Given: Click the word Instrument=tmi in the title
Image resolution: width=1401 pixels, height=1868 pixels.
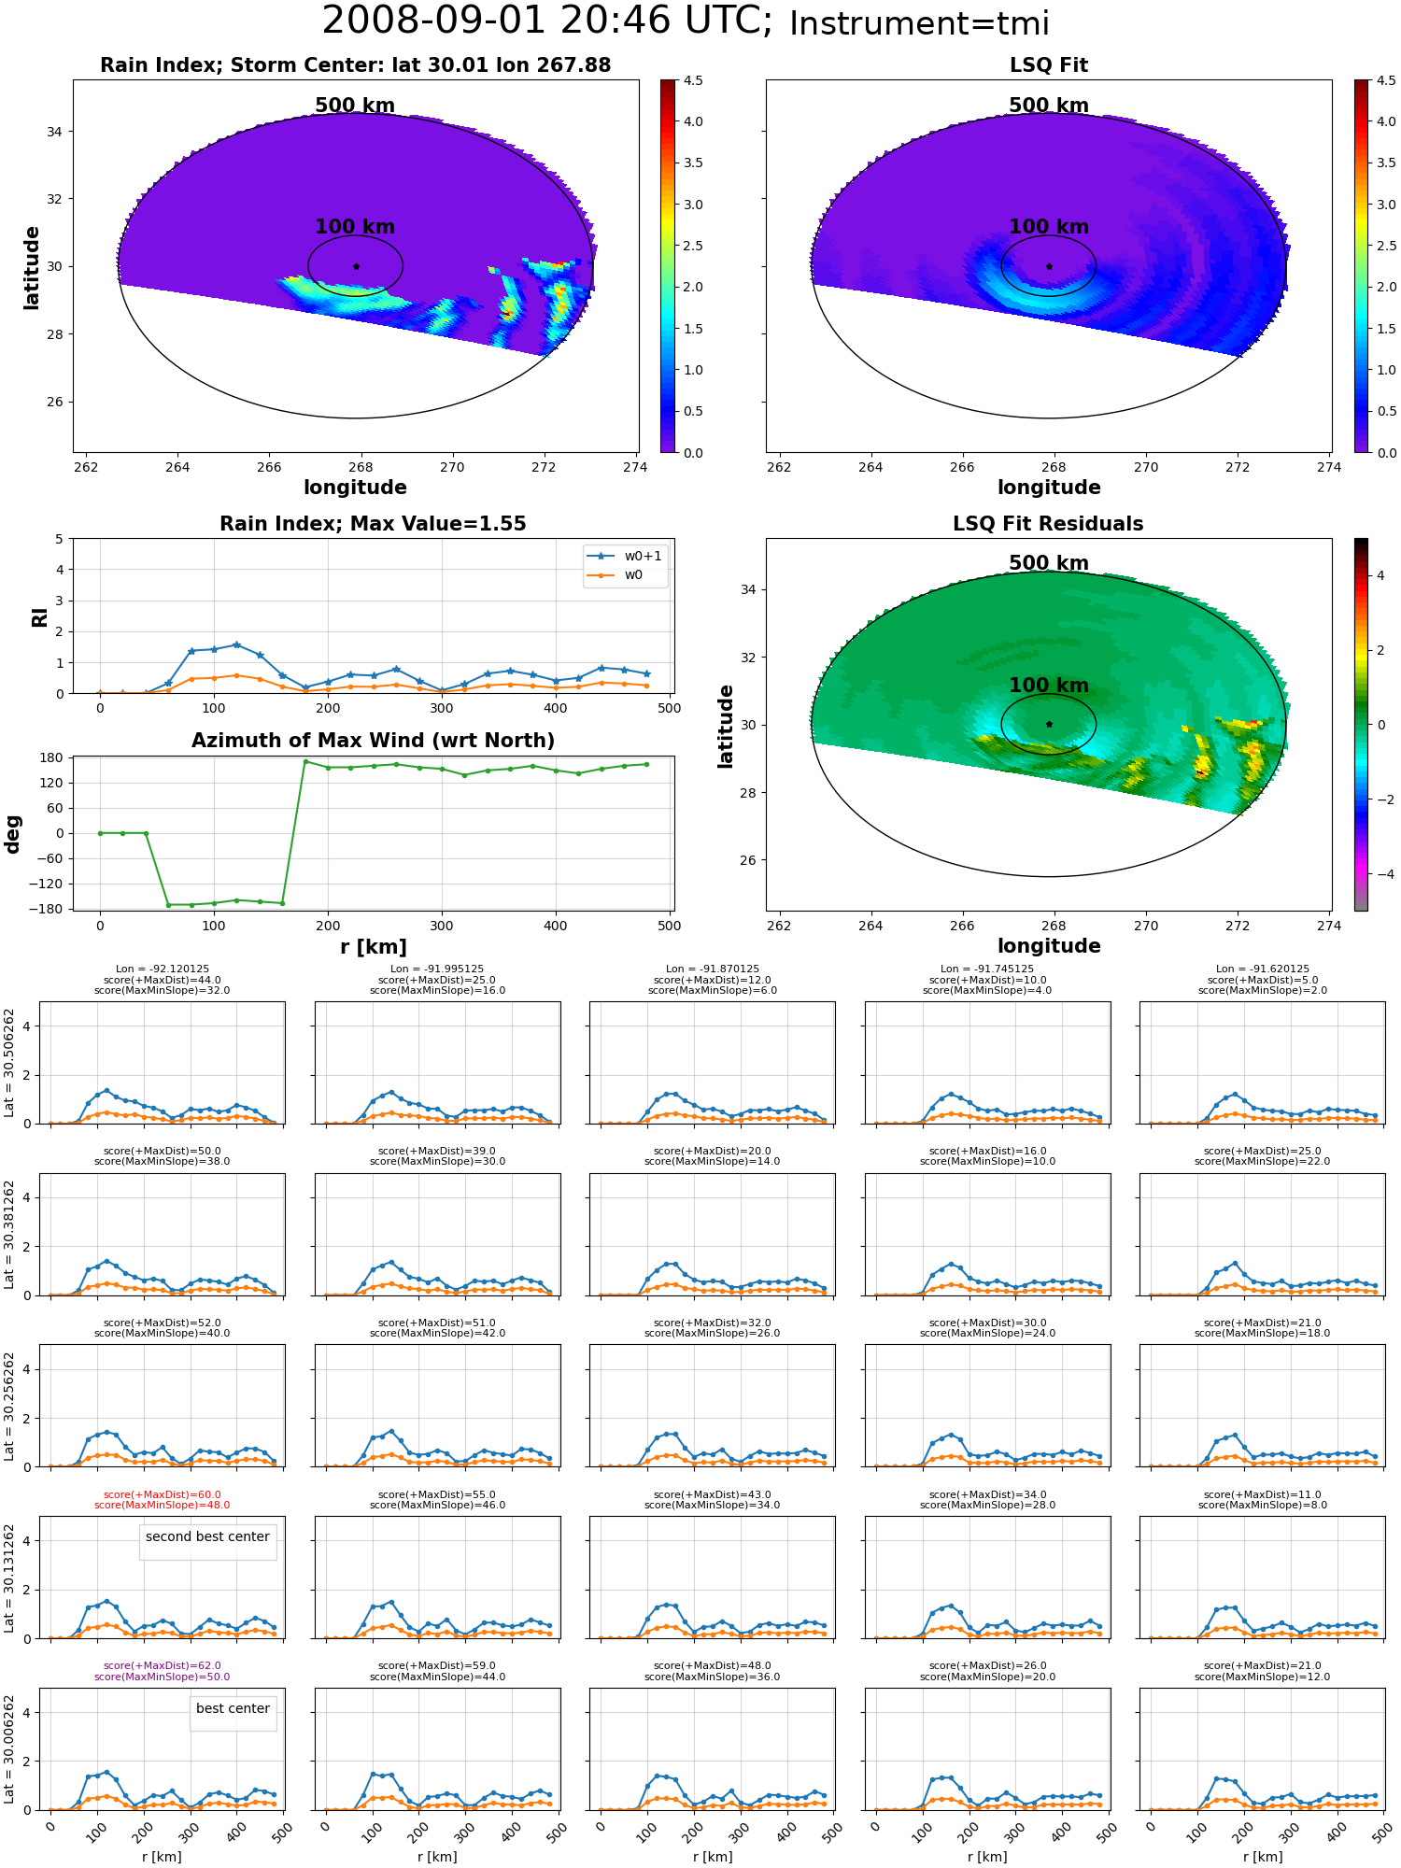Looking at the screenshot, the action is tap(919, 23).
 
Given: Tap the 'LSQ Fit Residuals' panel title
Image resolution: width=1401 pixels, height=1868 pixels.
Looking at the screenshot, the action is tap(1048, 524).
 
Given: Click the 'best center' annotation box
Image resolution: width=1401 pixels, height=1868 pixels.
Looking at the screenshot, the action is tap(233, 1708).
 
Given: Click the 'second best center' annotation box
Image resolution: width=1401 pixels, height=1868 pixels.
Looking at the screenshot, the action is tap(207, 1536).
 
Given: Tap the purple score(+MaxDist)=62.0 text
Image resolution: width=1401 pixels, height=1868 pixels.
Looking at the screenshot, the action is tap(163, 1666).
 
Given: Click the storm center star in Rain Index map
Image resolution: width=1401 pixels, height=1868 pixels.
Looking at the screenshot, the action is tap(356, 266).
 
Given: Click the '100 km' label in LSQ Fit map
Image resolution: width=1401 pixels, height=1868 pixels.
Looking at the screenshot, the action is tap(1048, 227).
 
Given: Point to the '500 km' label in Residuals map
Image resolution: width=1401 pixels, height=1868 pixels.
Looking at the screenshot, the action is tap(1048, 563).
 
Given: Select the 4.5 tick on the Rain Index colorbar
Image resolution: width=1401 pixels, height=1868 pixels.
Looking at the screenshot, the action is tap(693, 80).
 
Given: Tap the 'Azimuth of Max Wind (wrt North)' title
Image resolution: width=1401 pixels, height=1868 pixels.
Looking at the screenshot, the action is tap(373, 741).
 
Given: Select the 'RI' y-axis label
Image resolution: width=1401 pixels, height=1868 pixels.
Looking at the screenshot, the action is tap(39, 616).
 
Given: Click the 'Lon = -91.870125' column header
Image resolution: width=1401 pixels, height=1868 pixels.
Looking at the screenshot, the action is tap(713, 969).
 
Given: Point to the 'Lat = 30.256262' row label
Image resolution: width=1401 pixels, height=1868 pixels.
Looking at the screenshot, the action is tap(9, 1406).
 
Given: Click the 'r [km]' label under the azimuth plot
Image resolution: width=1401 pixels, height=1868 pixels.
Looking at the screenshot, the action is tap(373, 947).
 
